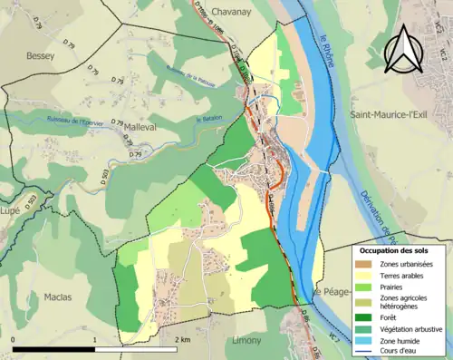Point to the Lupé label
[13, 209]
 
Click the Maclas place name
[57, 297]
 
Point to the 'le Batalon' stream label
[211, 119]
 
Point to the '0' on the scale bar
[13, 340]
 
